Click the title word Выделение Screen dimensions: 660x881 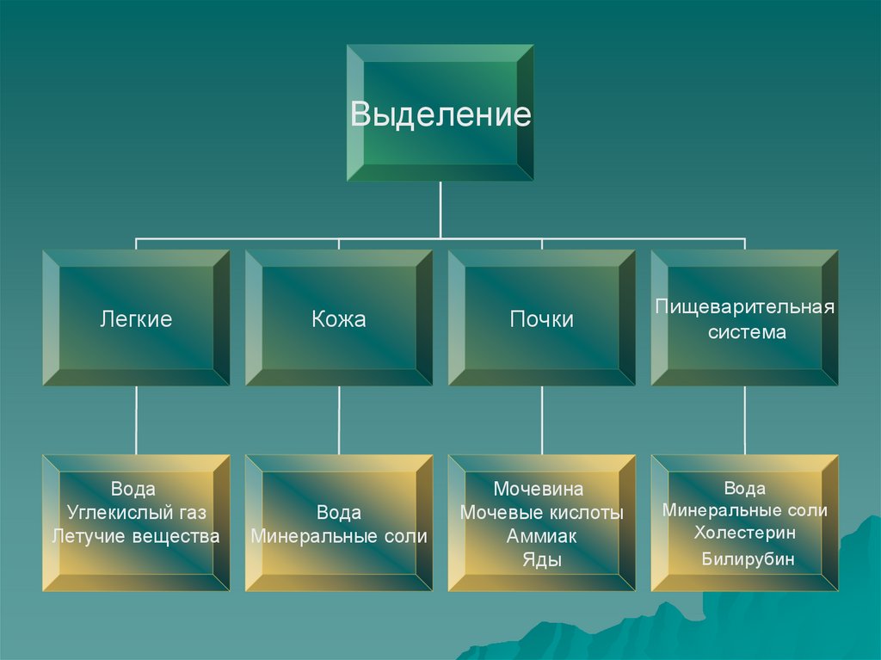pyautogui.click(x=440, y=114)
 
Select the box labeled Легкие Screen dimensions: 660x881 pyautogui.click(x=136, y=319)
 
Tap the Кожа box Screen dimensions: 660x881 pyautogui.click(x=338, y=319)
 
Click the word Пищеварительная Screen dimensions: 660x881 pyautogui.click(x=745, y=306)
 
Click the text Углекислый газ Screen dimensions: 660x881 pyautogui.click(x=136, y=513)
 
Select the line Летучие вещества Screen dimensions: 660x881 pyautogui.click(x=136, y=536)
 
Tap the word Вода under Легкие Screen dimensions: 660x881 pyautogui.click(x=133, y=489)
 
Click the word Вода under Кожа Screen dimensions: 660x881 pyautogui.click(x=338, y=513)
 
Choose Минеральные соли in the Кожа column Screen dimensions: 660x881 pyautogui.click(x=338, y=536)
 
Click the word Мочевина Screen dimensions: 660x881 pyautogui.click(x=539, y=489)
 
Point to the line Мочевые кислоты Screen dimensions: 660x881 pyautogui.click(x=541, y=513)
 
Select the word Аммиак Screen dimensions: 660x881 pyautogui.click(x=541, y=536)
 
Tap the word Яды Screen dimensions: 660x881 pyautogui.click(x=541, y=559)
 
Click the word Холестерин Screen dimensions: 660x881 pyautogui.click(x=745, y=533)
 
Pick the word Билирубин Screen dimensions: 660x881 pyautogui.click(x=747, y=560)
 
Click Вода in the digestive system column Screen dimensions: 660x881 pyautogui.click(x=745, y=489)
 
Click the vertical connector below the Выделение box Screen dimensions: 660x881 pyautogui.click(x=440, y=209)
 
